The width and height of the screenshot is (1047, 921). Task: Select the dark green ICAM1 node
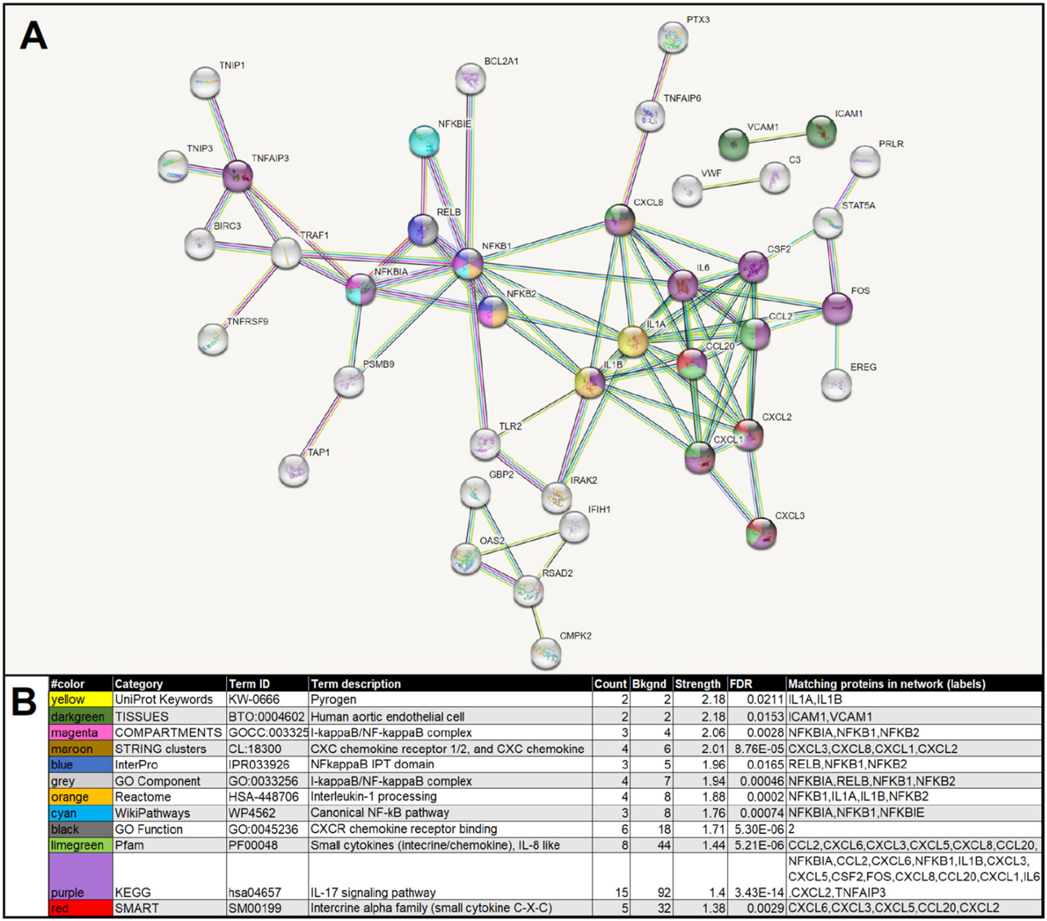coord(821,131)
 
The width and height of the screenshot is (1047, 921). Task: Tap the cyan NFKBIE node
coord(424,141)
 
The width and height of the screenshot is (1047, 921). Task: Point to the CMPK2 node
coord(546,652)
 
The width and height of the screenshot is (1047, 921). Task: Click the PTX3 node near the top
coord(673,37)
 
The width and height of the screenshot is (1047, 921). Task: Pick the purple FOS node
coord(837,308)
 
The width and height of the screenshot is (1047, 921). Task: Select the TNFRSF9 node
coord(213,340)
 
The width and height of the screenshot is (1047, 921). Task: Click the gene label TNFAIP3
coord(270,158)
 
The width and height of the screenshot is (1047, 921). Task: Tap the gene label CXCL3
coord(789,516)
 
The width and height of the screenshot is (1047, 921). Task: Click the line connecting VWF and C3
coord(731,183)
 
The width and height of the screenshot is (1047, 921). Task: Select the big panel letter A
coord(33,36)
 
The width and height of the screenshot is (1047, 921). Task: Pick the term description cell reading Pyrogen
coord(333,699)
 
